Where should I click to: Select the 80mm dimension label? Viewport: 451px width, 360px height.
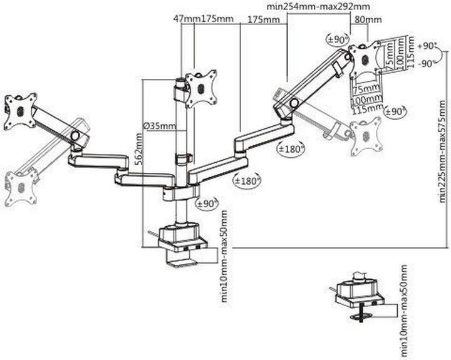point(368,19)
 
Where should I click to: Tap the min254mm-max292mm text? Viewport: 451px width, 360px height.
point(318,6)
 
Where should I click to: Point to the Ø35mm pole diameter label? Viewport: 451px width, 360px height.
point(160,126)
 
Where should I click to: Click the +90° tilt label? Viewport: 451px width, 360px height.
point(427,46)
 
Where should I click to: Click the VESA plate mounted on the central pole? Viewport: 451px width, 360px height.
point(201,88)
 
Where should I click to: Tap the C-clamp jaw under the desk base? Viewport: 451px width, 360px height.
point(181,259)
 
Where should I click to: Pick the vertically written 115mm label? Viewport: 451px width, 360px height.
point(412,52)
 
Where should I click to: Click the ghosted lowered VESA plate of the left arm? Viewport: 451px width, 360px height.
point(21,187)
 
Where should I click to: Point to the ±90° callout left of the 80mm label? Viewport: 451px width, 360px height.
point(338,39)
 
